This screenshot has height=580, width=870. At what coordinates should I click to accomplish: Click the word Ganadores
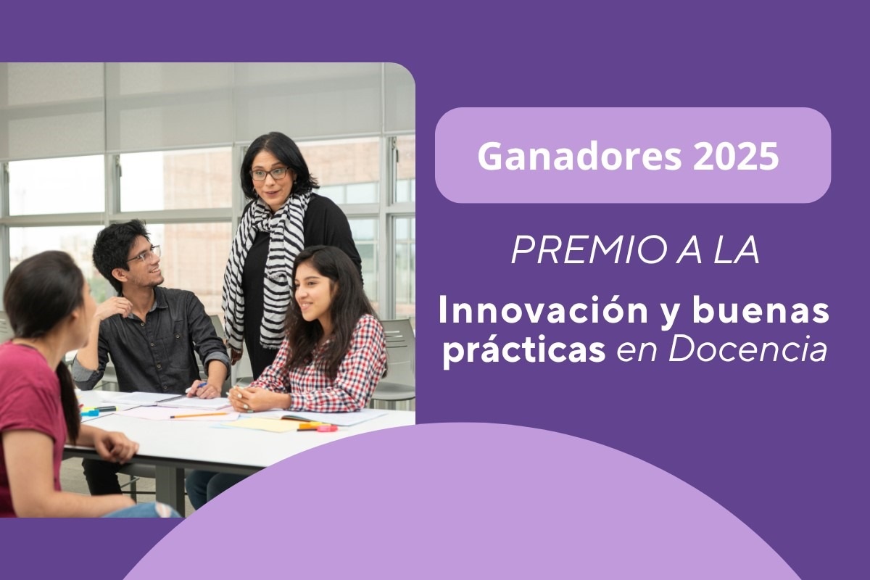[579, 155]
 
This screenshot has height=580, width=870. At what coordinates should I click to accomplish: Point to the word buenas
[761, 312]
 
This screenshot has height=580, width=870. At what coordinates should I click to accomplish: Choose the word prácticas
[525, 350]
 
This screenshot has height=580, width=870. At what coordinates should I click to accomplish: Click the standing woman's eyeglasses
[270, 173]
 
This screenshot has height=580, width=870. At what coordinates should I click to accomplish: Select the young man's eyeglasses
[145, 254]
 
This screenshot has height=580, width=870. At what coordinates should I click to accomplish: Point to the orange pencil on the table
[199, 415]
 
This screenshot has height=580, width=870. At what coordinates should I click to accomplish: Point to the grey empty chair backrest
[400, 349]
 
